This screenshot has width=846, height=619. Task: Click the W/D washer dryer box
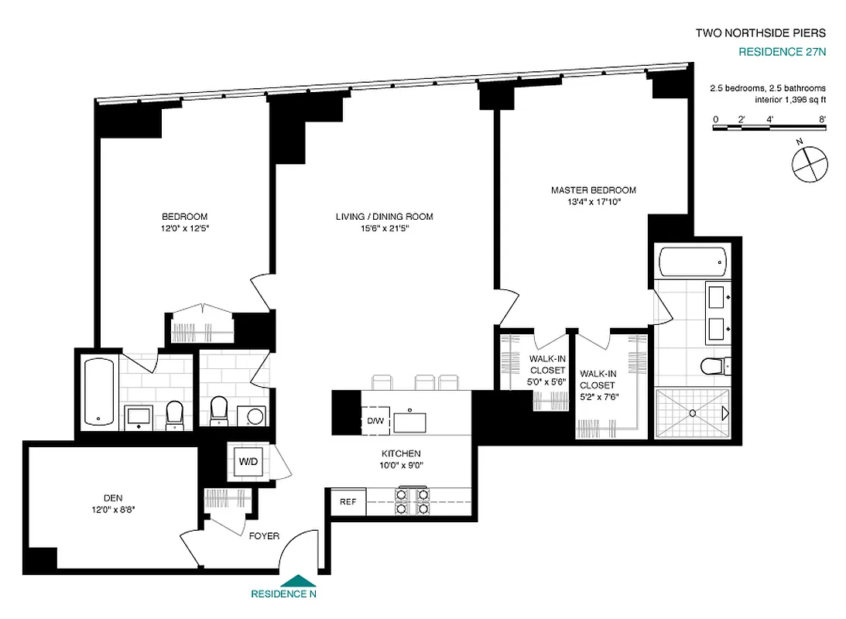248,462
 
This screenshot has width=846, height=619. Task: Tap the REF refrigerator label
348,502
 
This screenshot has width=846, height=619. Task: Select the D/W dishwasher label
375,422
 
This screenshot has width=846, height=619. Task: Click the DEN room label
113,498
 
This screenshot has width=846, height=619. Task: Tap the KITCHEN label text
400,453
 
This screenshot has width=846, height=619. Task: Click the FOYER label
264,536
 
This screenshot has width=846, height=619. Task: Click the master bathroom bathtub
693,264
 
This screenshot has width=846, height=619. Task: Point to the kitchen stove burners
413,501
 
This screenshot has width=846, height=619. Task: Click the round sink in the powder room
254,414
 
